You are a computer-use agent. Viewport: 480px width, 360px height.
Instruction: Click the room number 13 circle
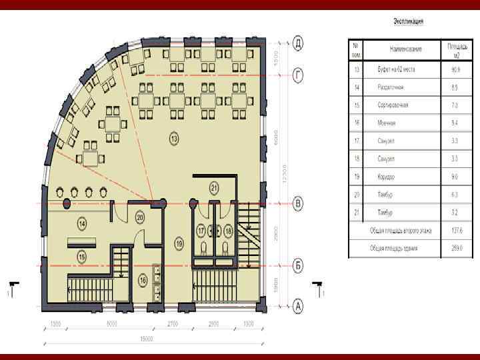tap(174, 139)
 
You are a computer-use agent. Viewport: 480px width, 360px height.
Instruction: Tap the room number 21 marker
tap(214, 187)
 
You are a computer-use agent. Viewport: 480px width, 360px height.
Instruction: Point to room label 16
tap(143, 281)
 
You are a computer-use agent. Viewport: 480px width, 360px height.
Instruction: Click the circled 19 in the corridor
tap(179, 244)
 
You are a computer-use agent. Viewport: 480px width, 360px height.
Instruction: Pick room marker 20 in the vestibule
tap(140, 216)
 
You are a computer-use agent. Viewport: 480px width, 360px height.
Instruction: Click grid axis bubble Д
tap(299, 44)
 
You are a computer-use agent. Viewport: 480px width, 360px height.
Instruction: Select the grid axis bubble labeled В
tap(299, 203)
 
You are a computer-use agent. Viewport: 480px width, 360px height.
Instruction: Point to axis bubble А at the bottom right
tap(299, 307)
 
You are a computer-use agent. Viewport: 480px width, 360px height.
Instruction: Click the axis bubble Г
tap(299, 76)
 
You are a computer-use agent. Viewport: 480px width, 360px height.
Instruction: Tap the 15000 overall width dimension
tap(146, 339)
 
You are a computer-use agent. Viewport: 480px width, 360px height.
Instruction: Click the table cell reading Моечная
tap(387, 123)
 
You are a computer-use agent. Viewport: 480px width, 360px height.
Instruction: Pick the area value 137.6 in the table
tap(457, 231)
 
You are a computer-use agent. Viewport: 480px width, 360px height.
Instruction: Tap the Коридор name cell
tap(387, 177)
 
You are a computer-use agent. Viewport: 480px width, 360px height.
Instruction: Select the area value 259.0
tap(457, 248)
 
